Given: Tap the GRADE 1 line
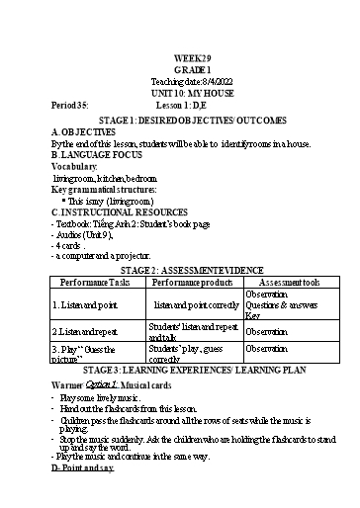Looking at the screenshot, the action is pos(179,71).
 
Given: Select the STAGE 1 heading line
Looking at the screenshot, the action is pos(181,122).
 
